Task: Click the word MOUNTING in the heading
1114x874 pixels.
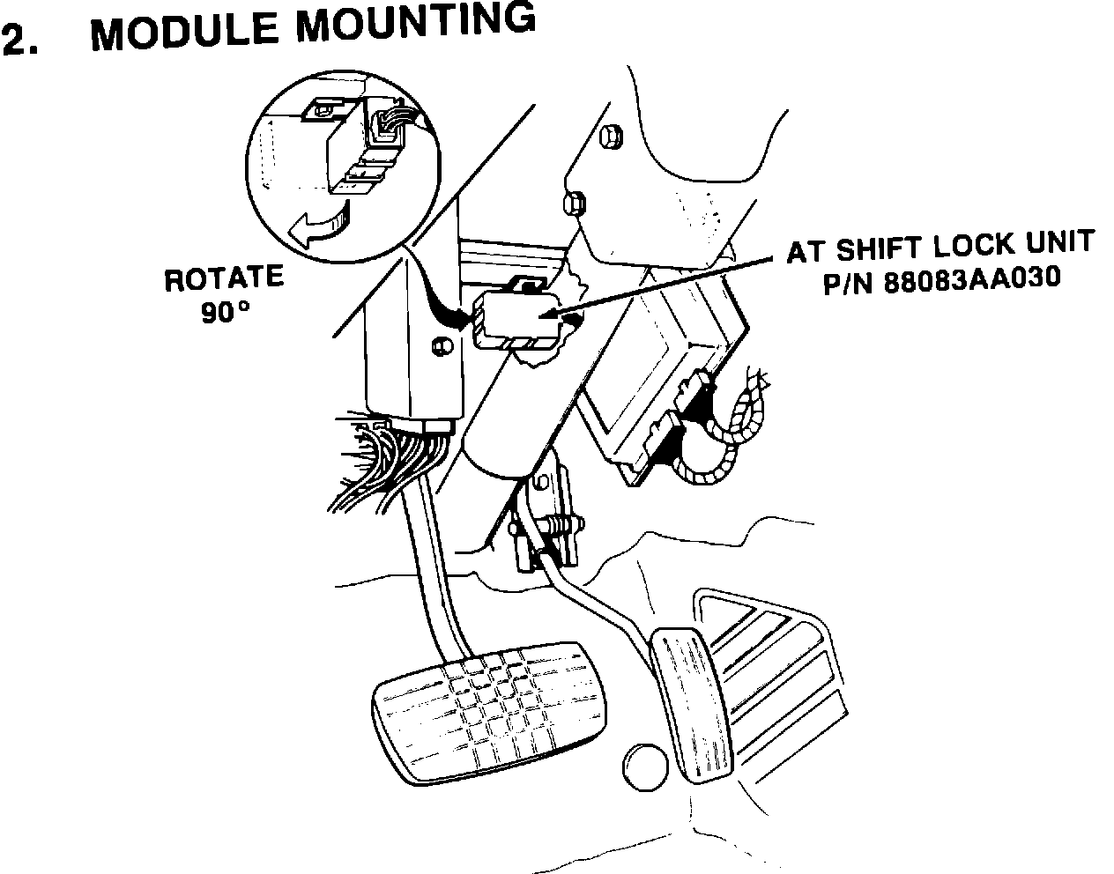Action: (414, 22)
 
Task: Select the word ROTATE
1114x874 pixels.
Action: (224, 280)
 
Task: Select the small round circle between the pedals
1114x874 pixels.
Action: (646, 766)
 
